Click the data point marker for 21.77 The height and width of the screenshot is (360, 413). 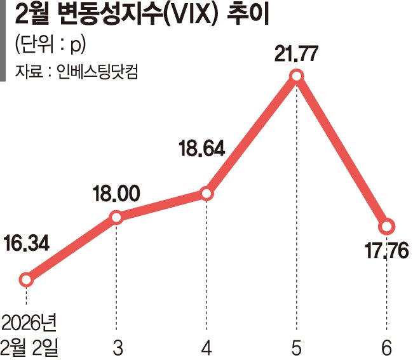[297, 77]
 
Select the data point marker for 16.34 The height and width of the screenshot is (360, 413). [26, 279]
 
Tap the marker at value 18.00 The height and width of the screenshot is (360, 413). [116, 218]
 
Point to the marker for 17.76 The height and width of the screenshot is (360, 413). [386, 227]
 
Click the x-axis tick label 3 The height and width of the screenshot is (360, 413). [116, 347]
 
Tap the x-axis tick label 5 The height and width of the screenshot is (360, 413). [297, 347]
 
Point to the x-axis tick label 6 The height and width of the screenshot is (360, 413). [387, 347]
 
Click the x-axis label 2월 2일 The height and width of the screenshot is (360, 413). [29, 347]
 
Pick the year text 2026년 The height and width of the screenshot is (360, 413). [29, 323]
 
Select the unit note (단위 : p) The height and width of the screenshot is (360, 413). [49, 46]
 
